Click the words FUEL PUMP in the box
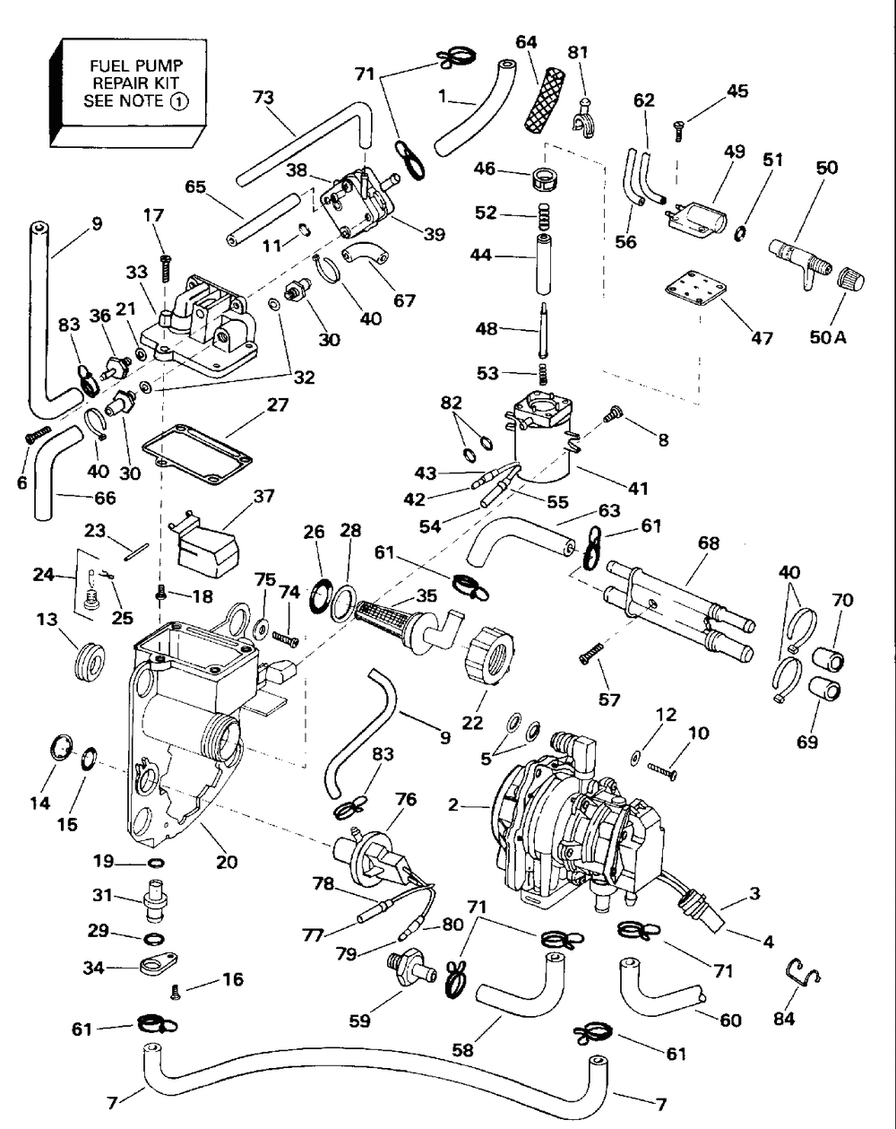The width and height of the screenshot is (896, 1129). pyautogui.click(x=136, y=66)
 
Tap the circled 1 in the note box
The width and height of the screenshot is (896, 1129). pyautogui.click(x=179, y=101)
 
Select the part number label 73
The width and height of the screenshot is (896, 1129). pyautogui.click(x=263, y=98)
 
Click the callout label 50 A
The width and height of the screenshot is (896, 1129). pyautogui.click(x=828, y=337)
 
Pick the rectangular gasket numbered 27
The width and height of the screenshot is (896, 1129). pyautogui.click(x=197, y=454)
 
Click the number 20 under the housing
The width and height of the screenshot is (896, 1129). pyautogui.click(x=227, y=862)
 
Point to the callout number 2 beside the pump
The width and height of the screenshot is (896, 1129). pyautogui.click(x=453, y=804)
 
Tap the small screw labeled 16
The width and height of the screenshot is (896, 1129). pyautogui.click(x=176, y=991)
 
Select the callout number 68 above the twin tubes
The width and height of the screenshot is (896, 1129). pyautogui.click(x=709, y=543)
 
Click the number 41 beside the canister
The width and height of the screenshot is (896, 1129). pyautogui.click(x=638, y=488)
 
